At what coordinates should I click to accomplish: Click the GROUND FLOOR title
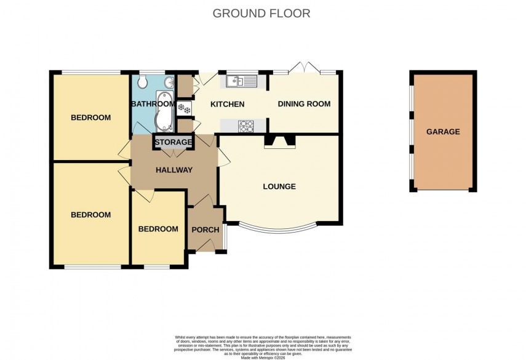[261, 13]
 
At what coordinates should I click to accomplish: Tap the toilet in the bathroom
[142, 82]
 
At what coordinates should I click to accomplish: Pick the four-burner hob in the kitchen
[247, 126]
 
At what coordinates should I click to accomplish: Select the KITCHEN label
[228, 104]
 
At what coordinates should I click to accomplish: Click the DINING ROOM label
[304, 104]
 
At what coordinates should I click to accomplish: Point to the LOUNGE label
[279, 186]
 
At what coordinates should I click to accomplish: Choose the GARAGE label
[443, 132]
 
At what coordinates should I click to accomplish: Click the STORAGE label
[173, 143]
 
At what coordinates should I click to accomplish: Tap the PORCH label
[205, 230]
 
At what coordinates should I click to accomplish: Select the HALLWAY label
[174, 170]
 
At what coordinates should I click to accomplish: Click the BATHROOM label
[153, 104]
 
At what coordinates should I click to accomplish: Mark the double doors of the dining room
[305, 68]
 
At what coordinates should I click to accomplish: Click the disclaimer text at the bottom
[263, 345]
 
